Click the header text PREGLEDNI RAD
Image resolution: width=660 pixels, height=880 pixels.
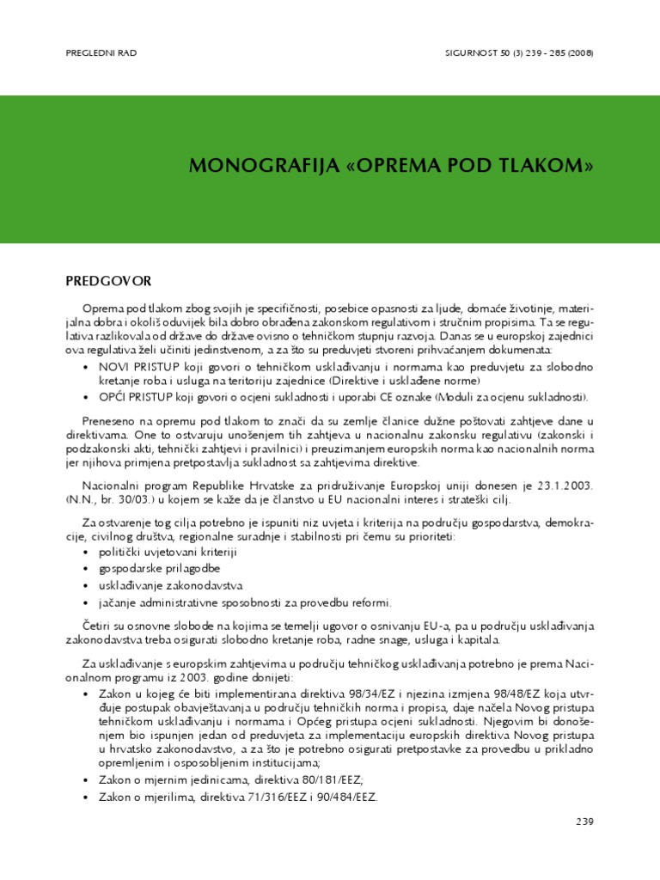click(x=101, y=53)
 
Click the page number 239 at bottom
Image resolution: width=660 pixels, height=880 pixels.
click(x=584, y=822)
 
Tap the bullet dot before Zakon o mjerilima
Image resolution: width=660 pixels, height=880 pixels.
click(x=86, y=797)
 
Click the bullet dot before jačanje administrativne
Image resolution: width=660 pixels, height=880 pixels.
click(x=86, y=602)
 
